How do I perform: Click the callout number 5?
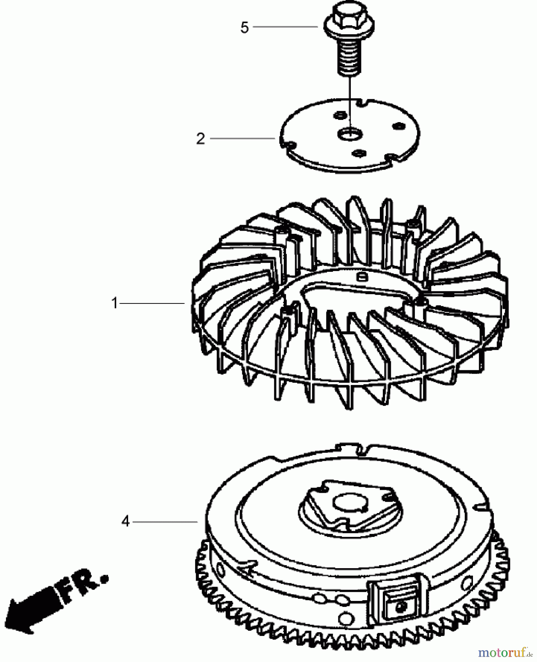coord(244,28)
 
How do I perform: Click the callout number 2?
coord(200,139)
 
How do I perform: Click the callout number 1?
coord(114,303)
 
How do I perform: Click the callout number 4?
coord(126,521)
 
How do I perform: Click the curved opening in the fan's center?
coord(353,294)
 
